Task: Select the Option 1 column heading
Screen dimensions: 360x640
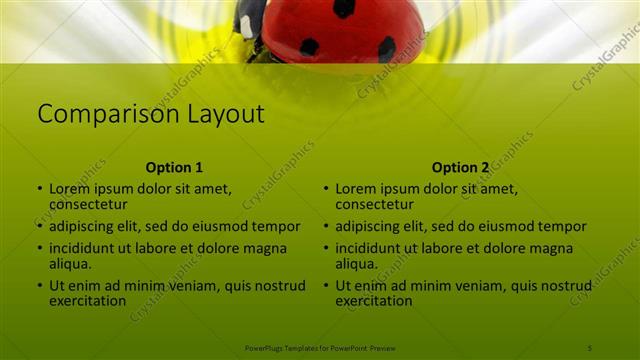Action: click(174, 167)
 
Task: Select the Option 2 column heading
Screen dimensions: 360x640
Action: click(461, 167)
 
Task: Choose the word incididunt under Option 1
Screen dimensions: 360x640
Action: click(84, 248)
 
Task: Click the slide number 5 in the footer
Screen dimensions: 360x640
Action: click(589, 347)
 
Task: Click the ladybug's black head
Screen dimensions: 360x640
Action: click(251, 18)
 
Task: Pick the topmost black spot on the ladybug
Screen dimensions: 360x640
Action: click(344, 8)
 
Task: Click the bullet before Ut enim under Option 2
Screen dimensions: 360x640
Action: click(327, 285)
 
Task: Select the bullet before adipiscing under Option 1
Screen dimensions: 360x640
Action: click(41, 227)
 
